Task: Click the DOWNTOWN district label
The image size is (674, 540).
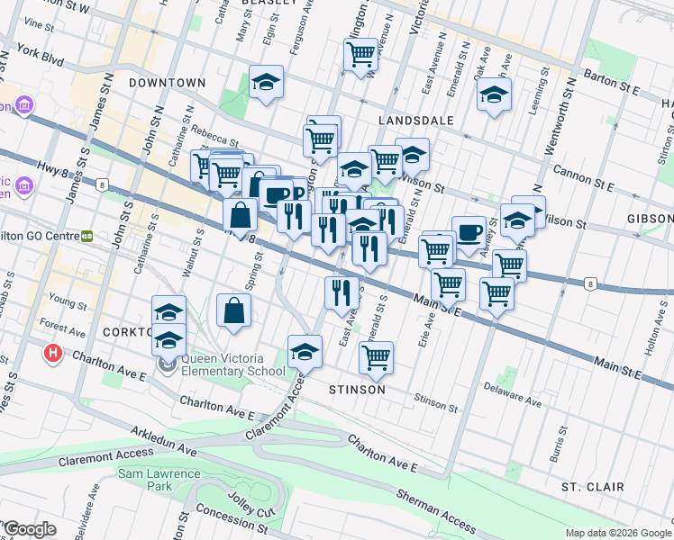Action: tap(167, 83)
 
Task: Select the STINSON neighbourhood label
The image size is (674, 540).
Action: tap(357, 390)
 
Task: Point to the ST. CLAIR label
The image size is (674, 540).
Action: tap(592, 487)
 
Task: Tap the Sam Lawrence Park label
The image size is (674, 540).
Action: tap(146, 479)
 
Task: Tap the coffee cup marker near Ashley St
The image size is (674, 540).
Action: tap(468, 231)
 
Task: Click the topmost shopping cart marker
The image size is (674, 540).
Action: tap(361, 53)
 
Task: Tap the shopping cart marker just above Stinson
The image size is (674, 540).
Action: tap(376, 356)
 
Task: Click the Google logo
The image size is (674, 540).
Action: tap(29, 529)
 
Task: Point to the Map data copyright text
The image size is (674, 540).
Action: tap(617, 533)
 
